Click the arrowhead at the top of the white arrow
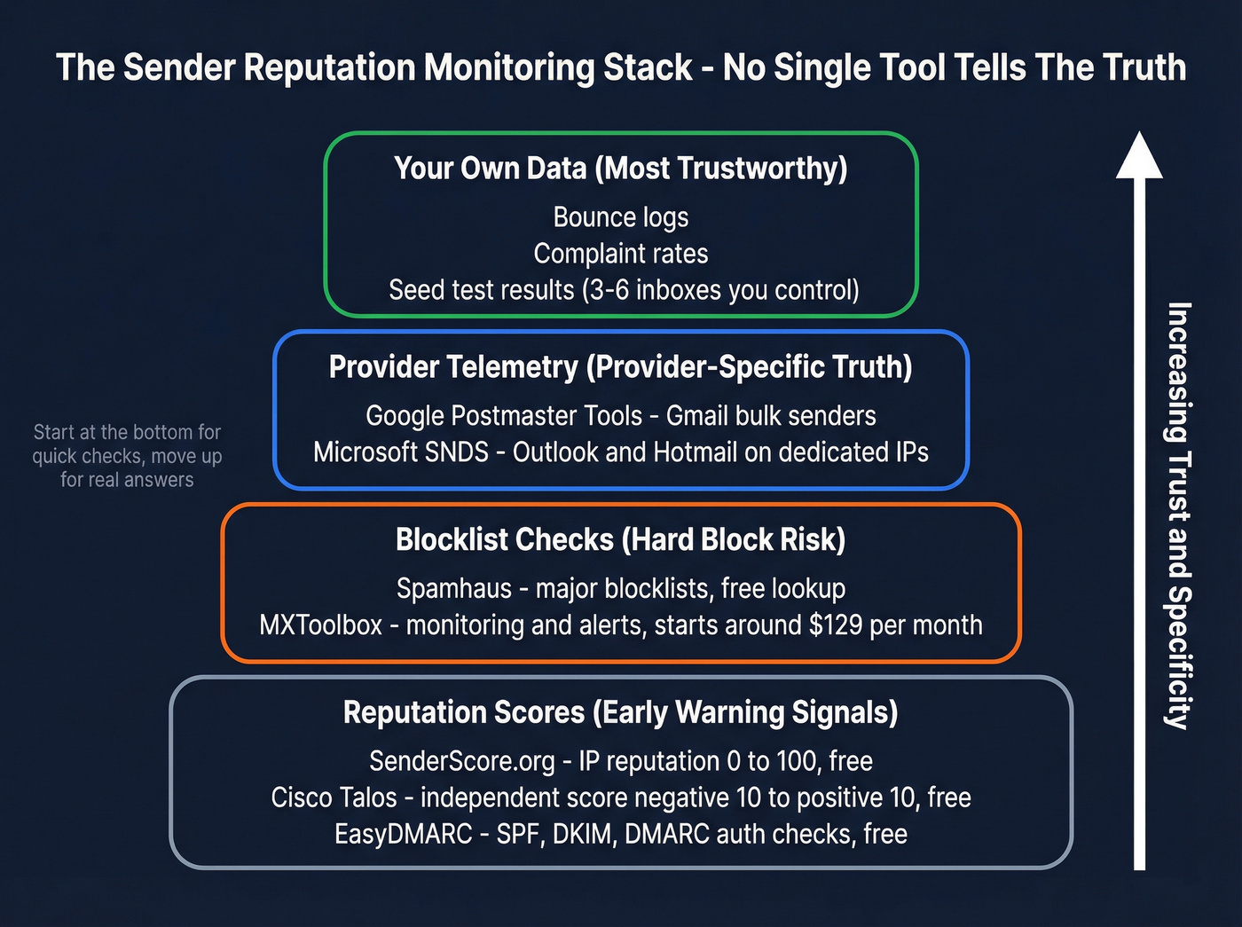(1139, 156)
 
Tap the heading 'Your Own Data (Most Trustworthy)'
(620, 168)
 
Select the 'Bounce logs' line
(620, 217)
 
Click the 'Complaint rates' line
(620, 254)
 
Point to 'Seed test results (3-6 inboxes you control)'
(624, 290)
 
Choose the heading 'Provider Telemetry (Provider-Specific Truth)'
(620, 366)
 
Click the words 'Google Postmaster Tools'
(503, 416)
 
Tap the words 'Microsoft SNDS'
(400, 452)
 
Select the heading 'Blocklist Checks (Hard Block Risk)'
(620, 539)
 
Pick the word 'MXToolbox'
(320, 625)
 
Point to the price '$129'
(835, 625)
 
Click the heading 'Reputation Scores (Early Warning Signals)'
(620, 712)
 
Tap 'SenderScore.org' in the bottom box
(461, 761)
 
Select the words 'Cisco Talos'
(334, 797)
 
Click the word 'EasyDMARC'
(403, 834)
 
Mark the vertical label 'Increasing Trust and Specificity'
(1178, 515)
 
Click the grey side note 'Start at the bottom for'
(127, 432)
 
